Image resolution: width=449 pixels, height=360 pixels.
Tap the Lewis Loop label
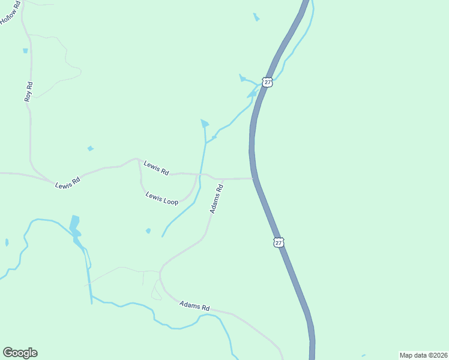pyautogui.click(x=162, y=198)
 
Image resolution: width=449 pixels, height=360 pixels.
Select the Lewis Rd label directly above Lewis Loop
pyautogui.click(x=156, y=167)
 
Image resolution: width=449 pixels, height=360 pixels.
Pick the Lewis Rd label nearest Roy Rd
pyautogui.click(x=67, y=182)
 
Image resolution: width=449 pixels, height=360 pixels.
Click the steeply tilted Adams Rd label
pyautogui.click(x=217, y=199)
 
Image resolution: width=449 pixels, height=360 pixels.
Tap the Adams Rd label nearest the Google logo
pyautogui.click(x=194, y=306)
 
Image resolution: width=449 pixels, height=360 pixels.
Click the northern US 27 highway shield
pyautogui.click(x=268, y=82)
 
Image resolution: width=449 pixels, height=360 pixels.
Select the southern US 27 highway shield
pyautogui.click(x=278, y=242)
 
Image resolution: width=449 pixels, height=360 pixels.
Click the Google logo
pyautogui.click(x=20, y=353)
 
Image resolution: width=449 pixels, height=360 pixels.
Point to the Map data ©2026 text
pyautogui.click(x=423, y=355)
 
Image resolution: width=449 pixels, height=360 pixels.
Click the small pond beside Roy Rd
pyautogui.click(x=25, y=51)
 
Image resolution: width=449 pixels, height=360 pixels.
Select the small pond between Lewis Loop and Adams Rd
pyautogui.click(x=148, y=230)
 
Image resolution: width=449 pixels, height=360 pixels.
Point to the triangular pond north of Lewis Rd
pyautogui.click(x=205, y=124)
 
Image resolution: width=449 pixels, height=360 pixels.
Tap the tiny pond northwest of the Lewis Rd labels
pyautogui.click(x=90, y=148)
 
